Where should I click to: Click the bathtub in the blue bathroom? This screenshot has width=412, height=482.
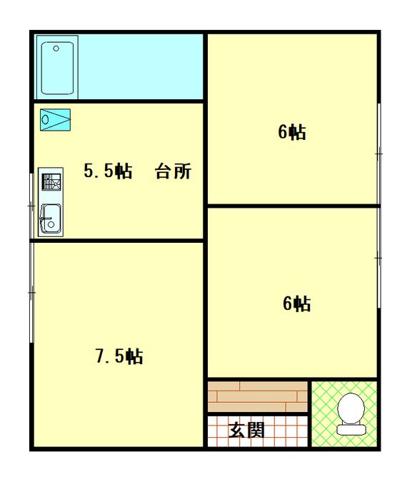(x=59, y=69)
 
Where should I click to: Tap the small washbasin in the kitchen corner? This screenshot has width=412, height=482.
(x=55, y=119)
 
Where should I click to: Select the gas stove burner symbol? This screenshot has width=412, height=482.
(x=51, y=182)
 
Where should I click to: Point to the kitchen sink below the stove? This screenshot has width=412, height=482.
(x=50, y=218)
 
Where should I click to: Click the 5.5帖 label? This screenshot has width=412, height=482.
(x=108, y=172)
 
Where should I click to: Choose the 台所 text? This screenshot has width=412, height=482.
(x=174, y=172)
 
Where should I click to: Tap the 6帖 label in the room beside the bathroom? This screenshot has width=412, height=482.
(x=292, y=133)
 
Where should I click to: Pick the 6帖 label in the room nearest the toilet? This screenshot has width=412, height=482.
(x=296, y=304)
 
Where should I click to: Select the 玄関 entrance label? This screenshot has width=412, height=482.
(x=247, y=431)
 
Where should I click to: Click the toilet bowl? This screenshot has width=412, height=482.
(x=351, y=410)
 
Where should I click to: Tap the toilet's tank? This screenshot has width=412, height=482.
(x=351, y=430)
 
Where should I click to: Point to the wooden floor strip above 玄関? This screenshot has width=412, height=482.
(x=257, y=396)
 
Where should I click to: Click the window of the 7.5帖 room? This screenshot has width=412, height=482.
(x=31, y=292)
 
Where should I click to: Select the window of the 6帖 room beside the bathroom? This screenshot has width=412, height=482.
(x=378, y=153)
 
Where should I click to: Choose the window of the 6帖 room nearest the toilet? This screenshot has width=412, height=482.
(x=378, y=256)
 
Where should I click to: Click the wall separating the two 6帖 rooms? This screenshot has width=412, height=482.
(x=292, y=206)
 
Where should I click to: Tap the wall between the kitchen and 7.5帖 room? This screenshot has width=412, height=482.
(x=118, y=241)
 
